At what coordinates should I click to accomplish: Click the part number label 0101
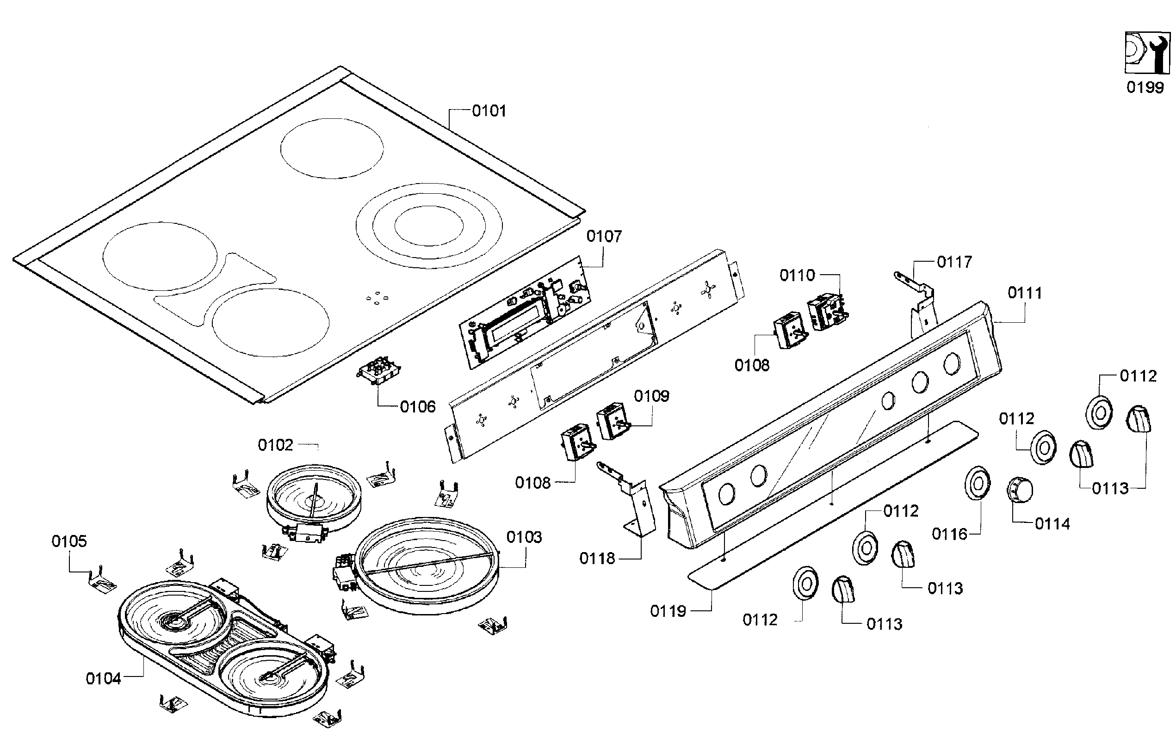[x=489, y=111]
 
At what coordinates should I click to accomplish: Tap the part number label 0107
[x=604, y=237]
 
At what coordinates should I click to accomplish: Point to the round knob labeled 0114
[x=1020, y=489]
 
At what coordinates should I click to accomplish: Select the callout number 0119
[x=668, y=611]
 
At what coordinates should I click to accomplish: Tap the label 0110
[x=797, y=276]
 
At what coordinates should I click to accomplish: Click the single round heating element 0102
[x=314, y=496]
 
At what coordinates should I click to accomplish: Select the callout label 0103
[x=524, y=538]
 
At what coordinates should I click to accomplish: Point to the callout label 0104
[x=103, y=679]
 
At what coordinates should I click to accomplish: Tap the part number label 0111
[x=1025, y=294]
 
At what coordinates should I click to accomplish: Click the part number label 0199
[x=1145, y=88]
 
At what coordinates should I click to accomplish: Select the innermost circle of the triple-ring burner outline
[x=428, y=227]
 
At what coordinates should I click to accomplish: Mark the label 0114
[x=1052, y=524]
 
